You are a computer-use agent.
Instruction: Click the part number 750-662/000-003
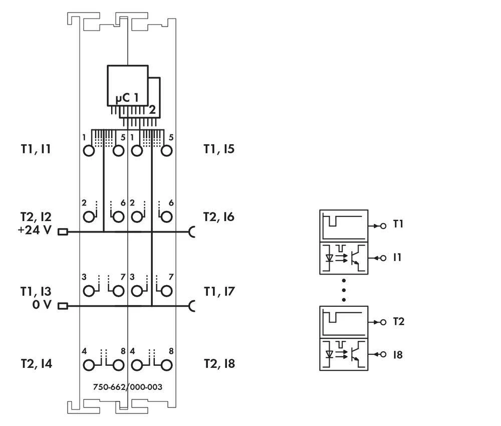point(127,387)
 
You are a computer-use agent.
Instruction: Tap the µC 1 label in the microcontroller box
point(127,97)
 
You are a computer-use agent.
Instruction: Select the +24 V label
point(35,230)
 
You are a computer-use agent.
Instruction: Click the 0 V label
point(42,305)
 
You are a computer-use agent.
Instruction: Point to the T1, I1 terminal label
point(36,149)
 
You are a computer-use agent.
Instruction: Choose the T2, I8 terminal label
point(219,364)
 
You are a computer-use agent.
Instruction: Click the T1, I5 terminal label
point(219,149)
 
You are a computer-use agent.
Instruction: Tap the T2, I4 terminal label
point(37,364)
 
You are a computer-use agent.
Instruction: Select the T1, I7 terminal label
point(219,292)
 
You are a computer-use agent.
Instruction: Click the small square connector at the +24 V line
point(63,232)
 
